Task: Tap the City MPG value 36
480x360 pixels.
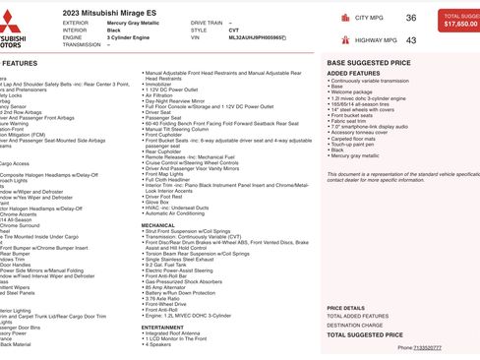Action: coord(410,18)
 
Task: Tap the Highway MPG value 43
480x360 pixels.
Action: coord(410,40)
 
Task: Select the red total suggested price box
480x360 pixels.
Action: coord(460,20)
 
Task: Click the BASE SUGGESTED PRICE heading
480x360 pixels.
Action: coord(369,62)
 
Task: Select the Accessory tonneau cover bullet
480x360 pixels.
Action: coord(365,132)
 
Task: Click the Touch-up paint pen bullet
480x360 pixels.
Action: coord(357,144)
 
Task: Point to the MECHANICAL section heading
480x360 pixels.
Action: coord(158,225)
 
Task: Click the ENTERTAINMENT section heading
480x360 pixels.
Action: coord(162,328)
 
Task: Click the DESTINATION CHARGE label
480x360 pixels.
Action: coord(355,325)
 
